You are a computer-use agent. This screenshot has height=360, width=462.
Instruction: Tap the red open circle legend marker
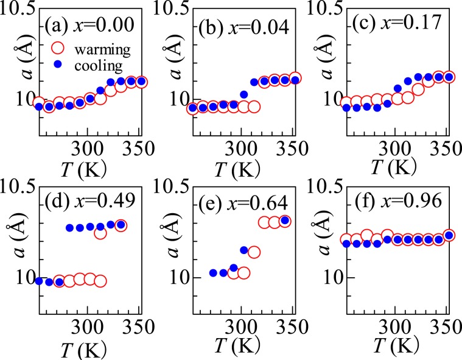point(55,46)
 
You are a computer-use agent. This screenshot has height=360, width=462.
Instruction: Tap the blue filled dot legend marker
point(55,63)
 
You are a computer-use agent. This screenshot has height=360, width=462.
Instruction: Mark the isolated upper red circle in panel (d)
point(100,233)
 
